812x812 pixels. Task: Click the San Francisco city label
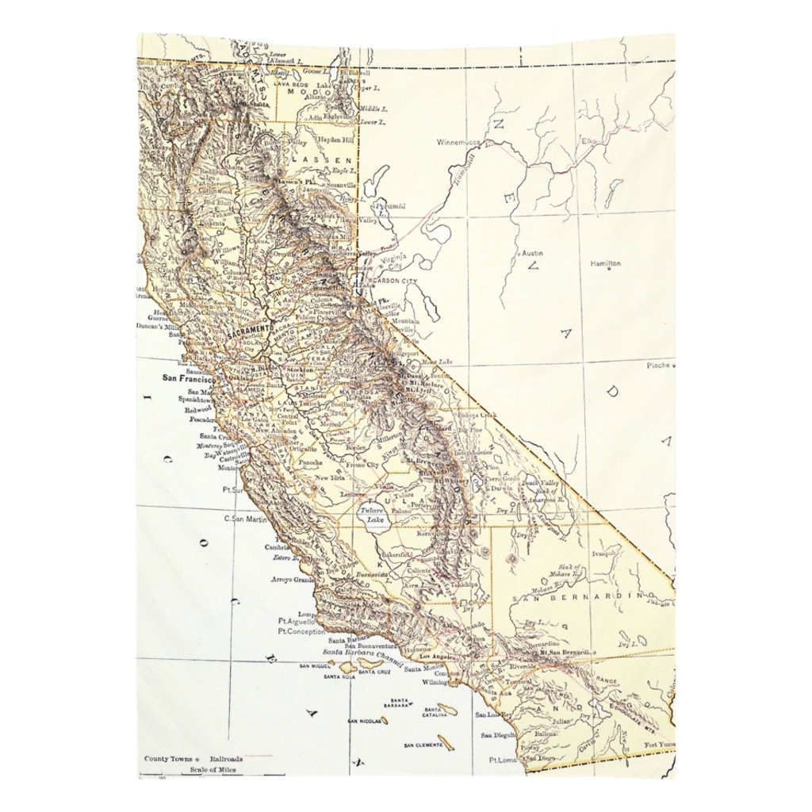[187, 378]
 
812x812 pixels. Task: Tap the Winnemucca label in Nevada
[459, 143]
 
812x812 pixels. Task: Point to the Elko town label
[591, 141]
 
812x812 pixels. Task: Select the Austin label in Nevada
[531, 253]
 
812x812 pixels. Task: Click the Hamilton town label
[606, 263]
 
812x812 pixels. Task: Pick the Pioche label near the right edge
[657, 366]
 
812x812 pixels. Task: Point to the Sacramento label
[248, 331]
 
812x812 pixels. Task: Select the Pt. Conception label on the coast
[301, 632]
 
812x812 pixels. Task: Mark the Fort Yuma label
[659, 745]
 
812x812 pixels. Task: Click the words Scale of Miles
[213, 769]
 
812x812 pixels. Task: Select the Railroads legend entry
[227, 758]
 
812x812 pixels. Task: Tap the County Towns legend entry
[168, 758]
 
